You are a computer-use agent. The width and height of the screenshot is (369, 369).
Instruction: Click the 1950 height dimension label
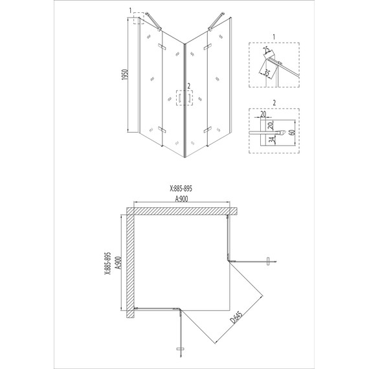(x=125, y=74)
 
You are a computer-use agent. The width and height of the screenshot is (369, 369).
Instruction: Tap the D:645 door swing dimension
(x=236, y=317)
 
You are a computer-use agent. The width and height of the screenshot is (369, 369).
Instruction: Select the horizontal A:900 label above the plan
(x=181, y=199)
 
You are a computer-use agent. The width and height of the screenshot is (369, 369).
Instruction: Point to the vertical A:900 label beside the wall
(x=118, y=263)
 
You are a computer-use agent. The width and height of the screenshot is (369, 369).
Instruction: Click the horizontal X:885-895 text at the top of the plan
(x=181, y=188)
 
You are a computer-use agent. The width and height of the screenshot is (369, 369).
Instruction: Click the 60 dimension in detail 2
(x=292, y=132)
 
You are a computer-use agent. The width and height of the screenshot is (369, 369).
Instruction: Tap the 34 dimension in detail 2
(x=272, y=140)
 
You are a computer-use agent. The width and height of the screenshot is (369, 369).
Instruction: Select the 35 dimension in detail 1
(x=266, y=73)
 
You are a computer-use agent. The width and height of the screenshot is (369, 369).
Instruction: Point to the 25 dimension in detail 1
(x=267, y=50)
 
